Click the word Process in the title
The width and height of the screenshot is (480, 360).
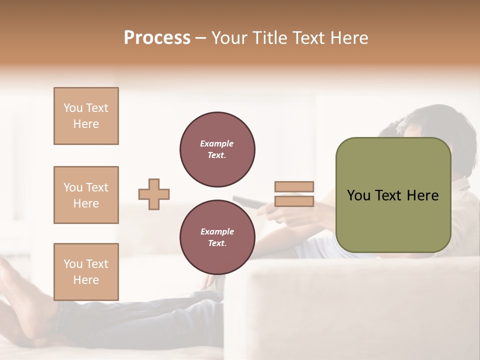click(x=157, y=37)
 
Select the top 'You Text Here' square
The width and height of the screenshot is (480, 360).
click(x=86, y=116)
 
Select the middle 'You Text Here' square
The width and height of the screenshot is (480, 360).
click(x=86, y=195)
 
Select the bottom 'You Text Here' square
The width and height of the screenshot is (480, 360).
click(x=86, y=272)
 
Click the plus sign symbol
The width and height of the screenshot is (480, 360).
click(x=154, y=194)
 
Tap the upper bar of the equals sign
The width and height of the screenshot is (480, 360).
click(x=294, y=186)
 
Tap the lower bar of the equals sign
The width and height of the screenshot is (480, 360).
click(x=294, y=201)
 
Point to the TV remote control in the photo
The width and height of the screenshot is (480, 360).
click(x=247, y=201)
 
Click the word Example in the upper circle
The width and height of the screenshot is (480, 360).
click(x=217, y=143)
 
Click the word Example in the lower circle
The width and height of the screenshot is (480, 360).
click(x=217, y=231)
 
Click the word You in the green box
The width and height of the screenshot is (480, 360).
click(x=358, y=195)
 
